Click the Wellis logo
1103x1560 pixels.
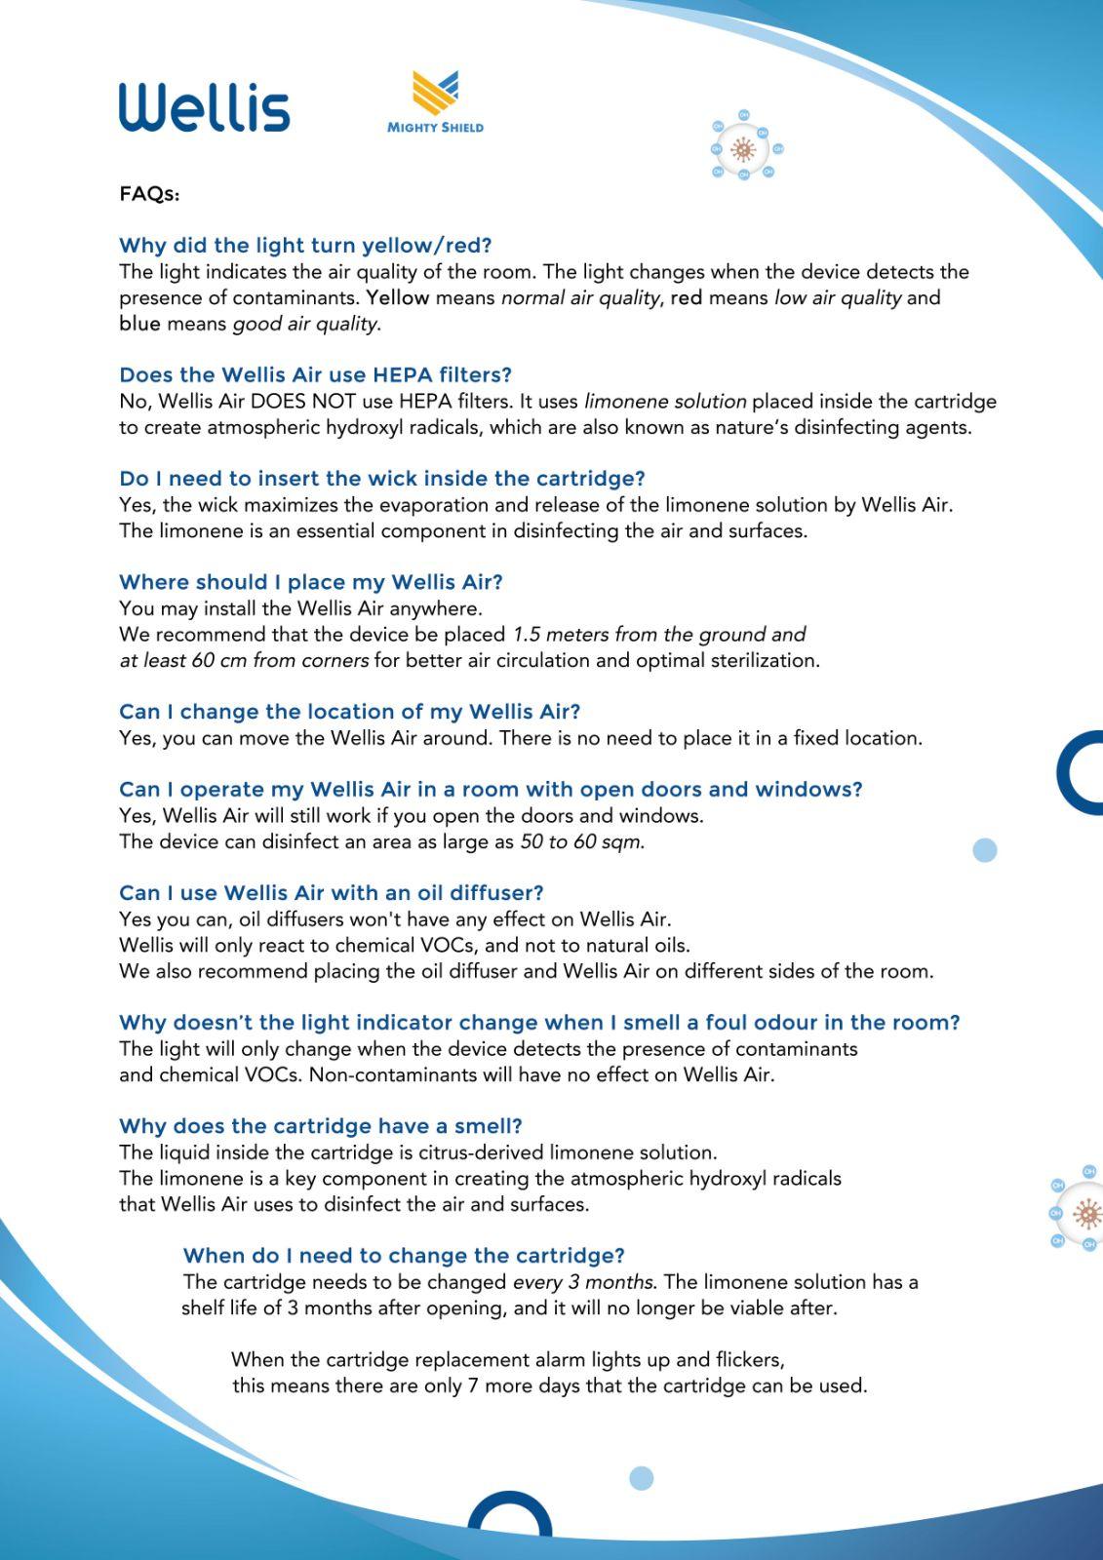[205, 106]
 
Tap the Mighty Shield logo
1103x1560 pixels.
[435, 101]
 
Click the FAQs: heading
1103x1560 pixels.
[149, 194]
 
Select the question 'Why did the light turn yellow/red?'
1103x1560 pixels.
[305, 245]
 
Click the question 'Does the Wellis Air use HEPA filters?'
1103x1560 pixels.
[315, 374]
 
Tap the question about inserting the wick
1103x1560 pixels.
[381, 479]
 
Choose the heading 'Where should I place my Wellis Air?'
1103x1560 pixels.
[310, 582]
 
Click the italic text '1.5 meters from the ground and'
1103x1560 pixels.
[659, 635]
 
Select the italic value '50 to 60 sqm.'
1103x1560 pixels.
[582, 841]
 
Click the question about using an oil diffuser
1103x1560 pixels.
[331, 893]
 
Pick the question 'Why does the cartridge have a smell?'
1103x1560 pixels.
[320, 1126]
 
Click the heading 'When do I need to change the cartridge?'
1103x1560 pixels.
[404, 1256]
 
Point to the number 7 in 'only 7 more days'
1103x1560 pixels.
[473, 1385]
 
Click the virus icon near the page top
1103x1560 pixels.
[744, 148]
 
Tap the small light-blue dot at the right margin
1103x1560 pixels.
[985, 850]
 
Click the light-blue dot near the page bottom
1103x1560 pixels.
[641, 1478]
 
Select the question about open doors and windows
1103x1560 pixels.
[491, 790]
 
